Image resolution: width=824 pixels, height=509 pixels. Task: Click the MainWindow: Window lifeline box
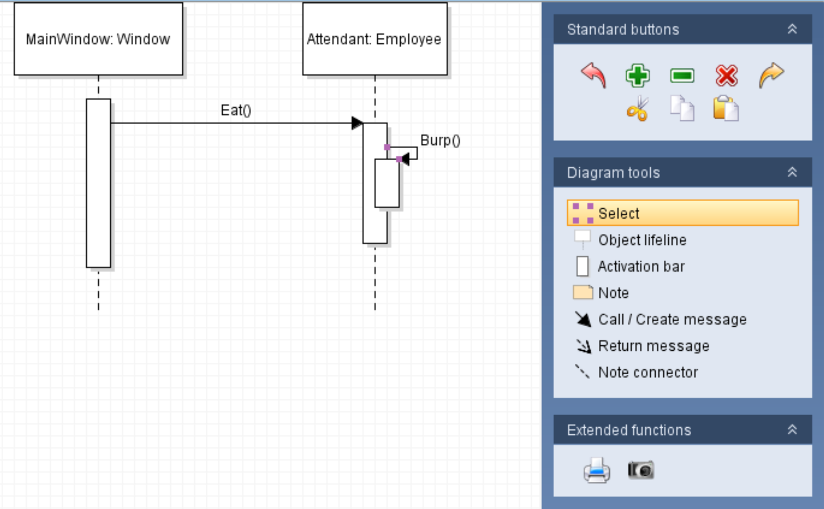tap(98, 39)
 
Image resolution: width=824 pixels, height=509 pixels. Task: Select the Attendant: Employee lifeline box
tap(374, 39)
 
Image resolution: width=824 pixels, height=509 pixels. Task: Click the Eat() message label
tap(236, 110)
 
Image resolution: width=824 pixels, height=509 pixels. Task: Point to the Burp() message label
tap(440, 140)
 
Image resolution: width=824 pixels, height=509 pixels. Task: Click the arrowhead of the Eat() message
tap(356, 123)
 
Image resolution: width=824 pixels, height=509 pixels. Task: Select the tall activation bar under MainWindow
tap(98, 183)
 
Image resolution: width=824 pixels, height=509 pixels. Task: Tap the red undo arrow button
tap(594, 76)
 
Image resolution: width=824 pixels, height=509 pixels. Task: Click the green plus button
tap(637, 76)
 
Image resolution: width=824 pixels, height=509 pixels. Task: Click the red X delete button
tap(726, 76)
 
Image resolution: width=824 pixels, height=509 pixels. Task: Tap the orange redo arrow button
tap(771, 76)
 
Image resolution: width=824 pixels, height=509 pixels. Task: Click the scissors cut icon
tap(637, 108)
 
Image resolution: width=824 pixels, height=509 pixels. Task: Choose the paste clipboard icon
tap(725, 108)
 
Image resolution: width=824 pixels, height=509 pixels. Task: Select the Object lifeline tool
tap(642, 240)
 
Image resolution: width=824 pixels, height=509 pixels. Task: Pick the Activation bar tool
tap(641, 266)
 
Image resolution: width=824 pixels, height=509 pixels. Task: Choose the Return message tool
tap(653, 345)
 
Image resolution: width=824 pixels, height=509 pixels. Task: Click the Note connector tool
tap(647, 372)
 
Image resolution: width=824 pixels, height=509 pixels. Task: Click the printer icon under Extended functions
tap(596, 470)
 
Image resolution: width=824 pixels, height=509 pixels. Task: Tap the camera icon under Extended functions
tap(641, 470)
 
